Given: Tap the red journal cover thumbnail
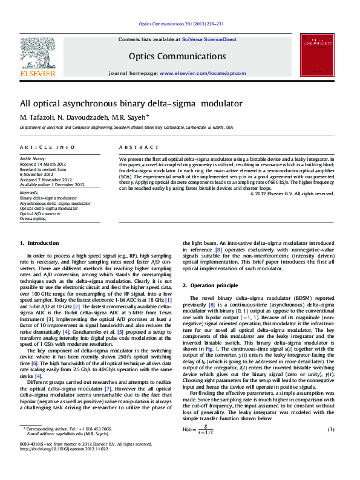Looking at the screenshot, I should click(318, 56).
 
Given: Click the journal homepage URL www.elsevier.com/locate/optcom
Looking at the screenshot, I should click(203, 73).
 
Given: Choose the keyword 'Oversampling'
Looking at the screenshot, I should click(33, 219).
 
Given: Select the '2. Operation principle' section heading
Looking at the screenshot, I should click(210, 285).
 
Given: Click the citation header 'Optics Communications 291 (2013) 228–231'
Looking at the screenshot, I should click(181, 24).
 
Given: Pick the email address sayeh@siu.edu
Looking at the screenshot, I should click(73, 450).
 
